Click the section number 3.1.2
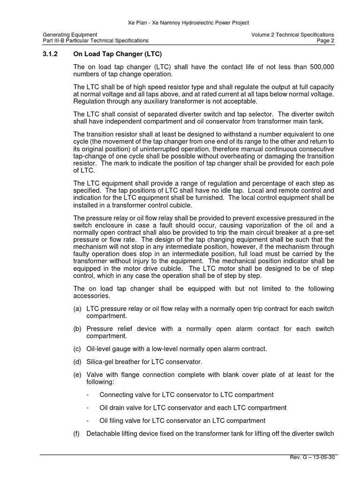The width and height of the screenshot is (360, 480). click(x=50, y=54)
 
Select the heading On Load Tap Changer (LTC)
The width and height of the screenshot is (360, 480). click(x=117, y=54)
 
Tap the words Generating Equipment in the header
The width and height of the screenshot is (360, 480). click(x=70, y=35)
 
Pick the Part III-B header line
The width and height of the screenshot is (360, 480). click(x=96, y=41)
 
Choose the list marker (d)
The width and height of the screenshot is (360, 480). click(x=77, y=361)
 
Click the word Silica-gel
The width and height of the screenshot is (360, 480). click(x=100, y=361)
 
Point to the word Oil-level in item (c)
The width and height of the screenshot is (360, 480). click(x=99, y=349)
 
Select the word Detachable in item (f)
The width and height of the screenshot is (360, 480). click(x=103, y=434)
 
